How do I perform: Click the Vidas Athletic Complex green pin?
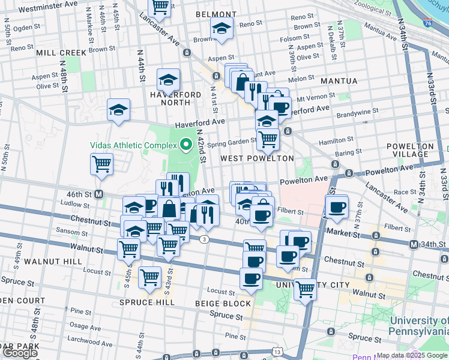point(186,145)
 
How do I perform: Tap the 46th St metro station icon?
point(100,194)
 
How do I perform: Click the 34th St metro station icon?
point(414,244)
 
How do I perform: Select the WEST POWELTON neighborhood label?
point(257,158)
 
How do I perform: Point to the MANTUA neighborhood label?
point(339,80)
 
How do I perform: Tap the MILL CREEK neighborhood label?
point(61,52)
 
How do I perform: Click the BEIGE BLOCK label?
point(223,304)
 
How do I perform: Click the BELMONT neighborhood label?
point(216,14)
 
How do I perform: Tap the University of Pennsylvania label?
point(418,326)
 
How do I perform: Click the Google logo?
point(20,353)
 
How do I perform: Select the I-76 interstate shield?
point(427,23)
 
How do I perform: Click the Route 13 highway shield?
point(277,350)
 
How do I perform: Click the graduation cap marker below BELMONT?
point(221,29)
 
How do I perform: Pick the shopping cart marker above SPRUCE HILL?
point(149,277)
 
